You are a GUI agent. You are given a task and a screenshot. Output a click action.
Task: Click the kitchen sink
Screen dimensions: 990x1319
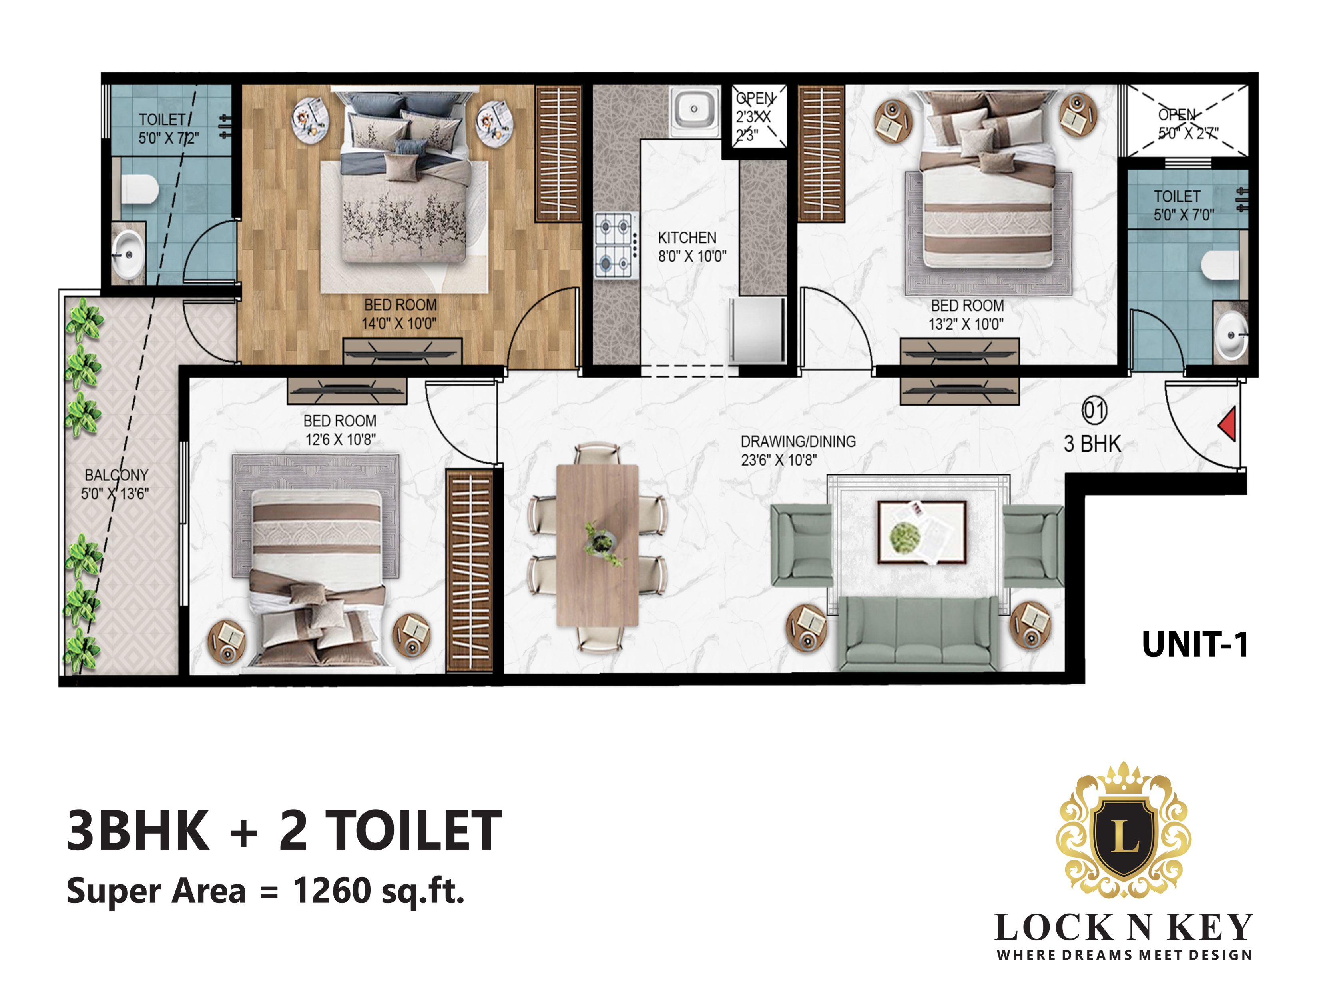tap(694, 110)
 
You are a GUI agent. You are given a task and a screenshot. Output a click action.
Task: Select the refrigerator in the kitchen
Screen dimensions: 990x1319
tap(757, 330)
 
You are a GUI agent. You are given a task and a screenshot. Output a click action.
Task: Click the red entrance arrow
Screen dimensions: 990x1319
tap(1228, 424)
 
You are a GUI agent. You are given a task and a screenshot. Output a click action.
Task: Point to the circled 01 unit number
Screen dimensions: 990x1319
tap(1094, 410)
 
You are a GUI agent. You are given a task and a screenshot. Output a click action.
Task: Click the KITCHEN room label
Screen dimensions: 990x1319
tap(687, 238)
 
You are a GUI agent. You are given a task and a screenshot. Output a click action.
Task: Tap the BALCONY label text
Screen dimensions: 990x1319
tap(116, 475)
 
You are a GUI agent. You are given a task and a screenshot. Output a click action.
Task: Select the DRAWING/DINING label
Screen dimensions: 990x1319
tap(798, 442)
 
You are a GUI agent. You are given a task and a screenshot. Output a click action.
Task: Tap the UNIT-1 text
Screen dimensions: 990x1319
tap(1194, 645)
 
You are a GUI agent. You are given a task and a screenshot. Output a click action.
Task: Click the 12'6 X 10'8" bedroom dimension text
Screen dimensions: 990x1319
tap(341, 440)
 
